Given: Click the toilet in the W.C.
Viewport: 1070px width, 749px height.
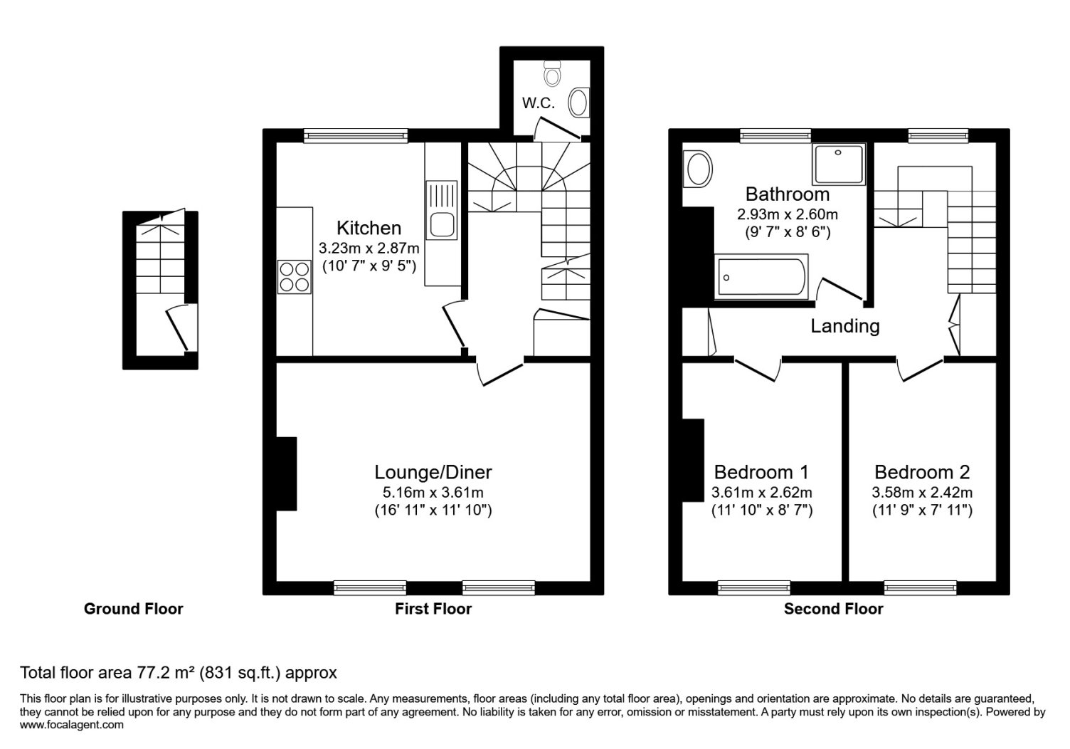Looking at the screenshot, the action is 552,73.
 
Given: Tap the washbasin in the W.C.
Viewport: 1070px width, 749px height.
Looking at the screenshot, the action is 578,103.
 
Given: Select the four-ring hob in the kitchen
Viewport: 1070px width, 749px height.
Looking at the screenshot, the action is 295,277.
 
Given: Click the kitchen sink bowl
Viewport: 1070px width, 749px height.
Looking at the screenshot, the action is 443,225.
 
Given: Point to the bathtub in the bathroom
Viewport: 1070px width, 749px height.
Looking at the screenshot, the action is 761,277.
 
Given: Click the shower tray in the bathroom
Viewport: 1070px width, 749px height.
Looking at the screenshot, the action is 839,164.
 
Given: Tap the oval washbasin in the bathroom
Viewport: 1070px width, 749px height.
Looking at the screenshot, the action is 698,169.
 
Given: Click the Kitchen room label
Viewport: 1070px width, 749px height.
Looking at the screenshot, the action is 369,228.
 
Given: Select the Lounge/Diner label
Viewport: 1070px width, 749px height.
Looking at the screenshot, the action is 433,472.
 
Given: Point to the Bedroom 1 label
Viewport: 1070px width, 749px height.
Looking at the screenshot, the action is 761,472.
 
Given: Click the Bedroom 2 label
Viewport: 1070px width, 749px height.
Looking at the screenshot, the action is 922,472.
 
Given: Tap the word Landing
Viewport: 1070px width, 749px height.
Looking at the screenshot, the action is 845,326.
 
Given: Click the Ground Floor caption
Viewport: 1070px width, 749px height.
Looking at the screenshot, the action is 133,609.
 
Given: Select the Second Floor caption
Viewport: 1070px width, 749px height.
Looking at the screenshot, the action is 834,609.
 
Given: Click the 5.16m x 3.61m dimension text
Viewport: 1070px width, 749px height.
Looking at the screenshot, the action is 433,492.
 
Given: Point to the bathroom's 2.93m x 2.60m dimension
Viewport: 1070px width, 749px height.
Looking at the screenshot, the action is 788,214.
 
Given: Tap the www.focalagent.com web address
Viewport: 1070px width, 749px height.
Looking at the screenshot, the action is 72,725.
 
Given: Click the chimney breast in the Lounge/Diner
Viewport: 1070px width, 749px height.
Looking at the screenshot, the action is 286,474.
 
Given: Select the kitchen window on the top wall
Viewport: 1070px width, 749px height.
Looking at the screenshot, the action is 356,136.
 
